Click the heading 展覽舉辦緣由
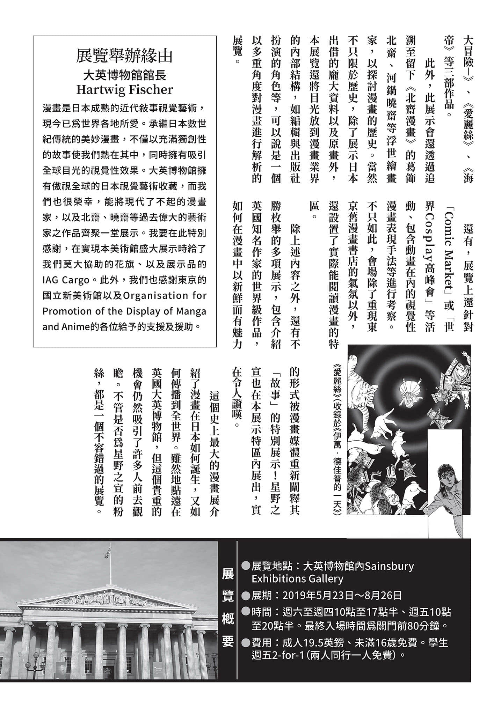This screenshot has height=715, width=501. [x=124, y=56]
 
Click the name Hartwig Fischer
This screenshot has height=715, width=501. [x=124, y=90]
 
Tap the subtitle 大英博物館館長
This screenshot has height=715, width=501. [x=124, y=74]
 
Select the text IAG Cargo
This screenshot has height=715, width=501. [x=66, y=280]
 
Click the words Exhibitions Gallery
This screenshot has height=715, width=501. [x=297, y=578]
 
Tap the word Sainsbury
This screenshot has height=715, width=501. [x=389, y=566]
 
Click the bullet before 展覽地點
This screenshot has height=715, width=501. [x=246, y=566]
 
